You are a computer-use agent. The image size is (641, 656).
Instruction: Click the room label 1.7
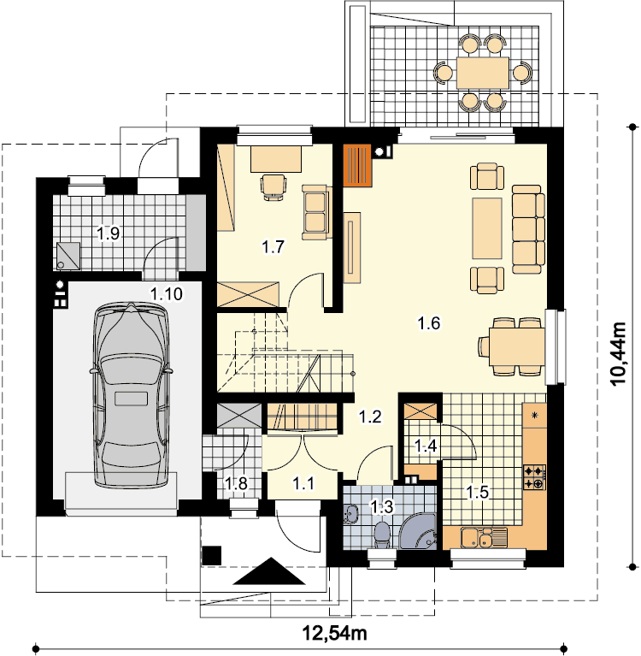(273, 246)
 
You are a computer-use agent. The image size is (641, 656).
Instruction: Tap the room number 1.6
(429, 323)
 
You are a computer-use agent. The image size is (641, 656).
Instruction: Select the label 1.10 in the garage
(167, 293)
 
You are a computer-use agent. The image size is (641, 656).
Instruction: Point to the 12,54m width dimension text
(334, 634)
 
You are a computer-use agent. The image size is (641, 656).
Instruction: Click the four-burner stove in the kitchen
(535, 477)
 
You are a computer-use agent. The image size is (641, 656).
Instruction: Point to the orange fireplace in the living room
(357, 165)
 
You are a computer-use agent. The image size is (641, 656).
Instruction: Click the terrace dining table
(483, 73)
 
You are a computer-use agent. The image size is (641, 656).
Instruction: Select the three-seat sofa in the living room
(528, 230)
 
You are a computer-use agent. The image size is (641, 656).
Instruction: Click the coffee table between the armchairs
(487, 228)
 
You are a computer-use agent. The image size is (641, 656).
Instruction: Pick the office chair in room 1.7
(273, 187)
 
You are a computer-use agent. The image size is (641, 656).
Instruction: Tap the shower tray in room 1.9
(68, 256)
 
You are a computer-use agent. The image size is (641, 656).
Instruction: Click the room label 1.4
(426, 446)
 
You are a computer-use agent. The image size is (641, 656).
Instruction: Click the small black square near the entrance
(212, 556)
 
